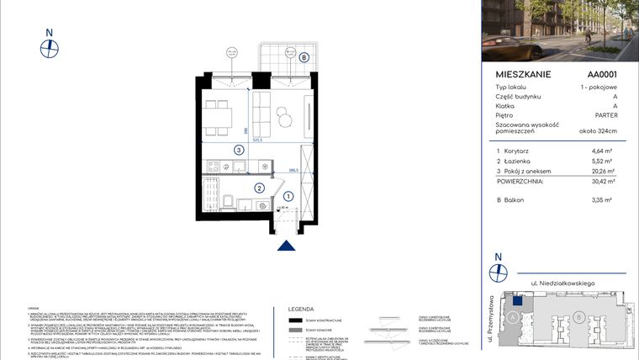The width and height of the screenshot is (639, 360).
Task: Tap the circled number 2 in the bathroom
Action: (x=260, y=188)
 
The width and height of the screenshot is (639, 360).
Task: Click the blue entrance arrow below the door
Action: (x=288, y=246)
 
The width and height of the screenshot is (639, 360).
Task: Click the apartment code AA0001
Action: (x=603, y=74)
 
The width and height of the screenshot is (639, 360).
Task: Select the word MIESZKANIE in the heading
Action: (x=523, y=74)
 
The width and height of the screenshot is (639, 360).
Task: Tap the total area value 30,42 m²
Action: (x=602, y=180)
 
